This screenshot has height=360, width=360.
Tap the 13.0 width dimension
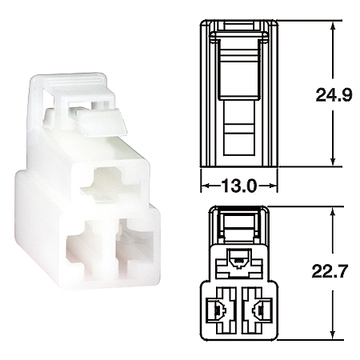click(236, 186)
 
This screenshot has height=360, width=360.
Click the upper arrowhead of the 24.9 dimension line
click(333, 20)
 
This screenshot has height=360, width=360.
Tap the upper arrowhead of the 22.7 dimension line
click(333, 209)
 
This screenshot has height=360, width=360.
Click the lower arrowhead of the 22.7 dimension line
click(333, 334)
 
